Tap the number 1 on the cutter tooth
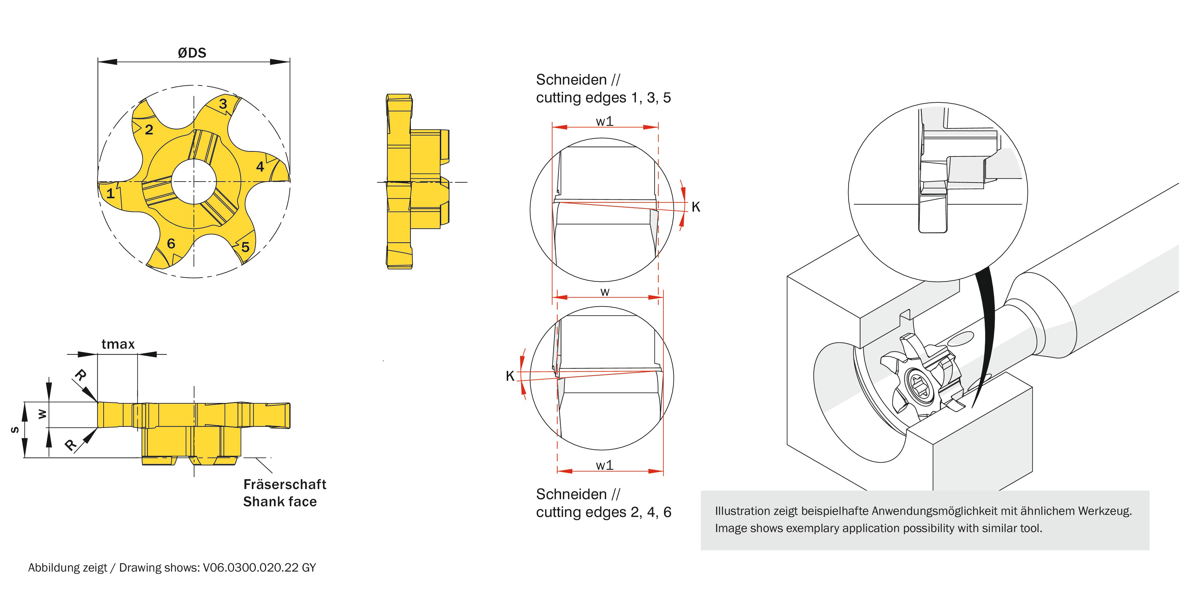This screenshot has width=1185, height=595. pyautogui.click(x=110, y=193)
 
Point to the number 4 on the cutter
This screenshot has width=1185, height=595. pyautogui.click(x=260, y=166)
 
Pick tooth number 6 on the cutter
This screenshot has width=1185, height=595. pyautogui.click(x=171, y=243)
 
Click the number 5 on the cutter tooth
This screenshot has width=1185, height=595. pyautogui.click(x=245, y=247)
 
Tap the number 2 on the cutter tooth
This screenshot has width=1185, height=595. pyautogui.click(x=149, y=130)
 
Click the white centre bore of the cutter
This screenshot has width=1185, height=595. pyautogui.click(x=194, y=182)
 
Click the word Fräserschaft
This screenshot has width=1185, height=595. pyautogui.click(x=285, y=484)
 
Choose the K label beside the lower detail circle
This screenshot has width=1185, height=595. pyautogui.click(x=510, y=376)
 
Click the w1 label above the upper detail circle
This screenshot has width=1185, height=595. pyautogui.click(x=604, y=121)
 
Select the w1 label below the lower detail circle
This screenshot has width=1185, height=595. pyautogui.click(x=604, y=465)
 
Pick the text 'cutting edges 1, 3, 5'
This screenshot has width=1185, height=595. pyautogui.click(x=603, y=97)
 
